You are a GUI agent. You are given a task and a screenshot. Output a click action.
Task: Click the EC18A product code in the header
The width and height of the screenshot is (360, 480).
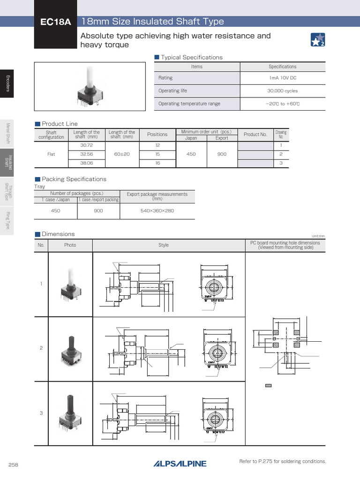pos(55,22)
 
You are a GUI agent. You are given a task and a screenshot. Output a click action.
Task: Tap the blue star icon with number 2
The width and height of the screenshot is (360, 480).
pos(318,40)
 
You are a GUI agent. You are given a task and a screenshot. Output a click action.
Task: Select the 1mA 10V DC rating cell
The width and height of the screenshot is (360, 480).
pos(282,78)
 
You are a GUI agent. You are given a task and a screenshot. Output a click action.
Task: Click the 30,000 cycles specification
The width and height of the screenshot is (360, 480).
pos(282,91)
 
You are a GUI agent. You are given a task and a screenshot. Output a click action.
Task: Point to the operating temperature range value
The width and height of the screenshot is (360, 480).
pos(282,104)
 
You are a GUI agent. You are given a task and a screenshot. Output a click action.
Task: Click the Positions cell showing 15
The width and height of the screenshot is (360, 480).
pos(157,154)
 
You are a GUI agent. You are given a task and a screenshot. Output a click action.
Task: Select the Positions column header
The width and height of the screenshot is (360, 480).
pos(157,134)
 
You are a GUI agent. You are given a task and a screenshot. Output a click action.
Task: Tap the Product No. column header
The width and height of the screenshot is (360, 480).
pos(255,135)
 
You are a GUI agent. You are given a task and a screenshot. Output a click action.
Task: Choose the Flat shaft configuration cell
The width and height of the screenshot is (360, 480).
pos(51,154)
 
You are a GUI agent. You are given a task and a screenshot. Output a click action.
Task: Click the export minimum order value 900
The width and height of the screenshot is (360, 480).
pos(222,154)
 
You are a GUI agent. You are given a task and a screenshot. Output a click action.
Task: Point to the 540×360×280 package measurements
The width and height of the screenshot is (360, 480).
pos(157,211)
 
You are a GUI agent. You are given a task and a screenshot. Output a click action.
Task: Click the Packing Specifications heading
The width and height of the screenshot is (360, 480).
pos(74,179)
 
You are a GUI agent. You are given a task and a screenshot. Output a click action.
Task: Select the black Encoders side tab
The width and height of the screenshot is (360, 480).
pos(7,83)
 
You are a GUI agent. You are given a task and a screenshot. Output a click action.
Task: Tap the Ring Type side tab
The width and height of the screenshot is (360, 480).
pos(7,220)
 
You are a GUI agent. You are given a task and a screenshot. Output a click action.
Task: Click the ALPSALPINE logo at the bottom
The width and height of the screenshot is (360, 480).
pos(180,464)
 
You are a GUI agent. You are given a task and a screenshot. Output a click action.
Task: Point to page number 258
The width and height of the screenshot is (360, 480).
pos(13,465)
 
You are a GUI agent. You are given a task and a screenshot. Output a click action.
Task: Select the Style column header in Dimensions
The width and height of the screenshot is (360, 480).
pos(164,245)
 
